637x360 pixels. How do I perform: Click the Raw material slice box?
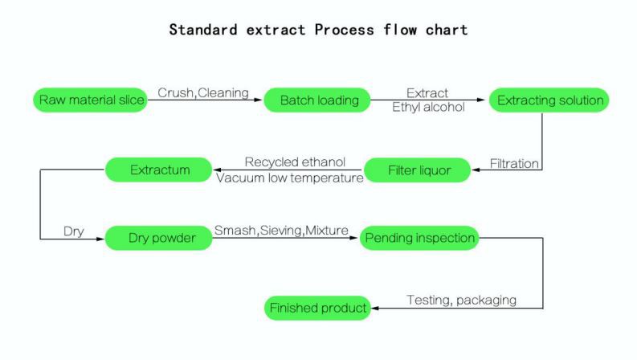(89, 100)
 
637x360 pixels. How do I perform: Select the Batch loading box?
(317, 100)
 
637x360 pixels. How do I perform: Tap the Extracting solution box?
(549, 100)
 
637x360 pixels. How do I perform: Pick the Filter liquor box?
(417, 170)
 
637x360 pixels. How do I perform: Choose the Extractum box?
(158, 170)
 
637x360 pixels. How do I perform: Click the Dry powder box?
(158, 239)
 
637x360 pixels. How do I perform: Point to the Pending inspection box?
(419, 239)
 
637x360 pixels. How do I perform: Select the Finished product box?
(317, 308)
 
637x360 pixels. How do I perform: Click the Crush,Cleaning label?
(202, 92)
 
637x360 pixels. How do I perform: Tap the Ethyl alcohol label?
(427, 108)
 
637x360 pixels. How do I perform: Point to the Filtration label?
(514, 163)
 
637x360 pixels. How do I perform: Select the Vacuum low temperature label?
(290, 178)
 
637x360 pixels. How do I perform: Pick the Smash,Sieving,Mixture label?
(281, 231)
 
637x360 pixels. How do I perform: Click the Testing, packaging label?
(461, 300)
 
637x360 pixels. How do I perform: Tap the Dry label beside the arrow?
(74, 231)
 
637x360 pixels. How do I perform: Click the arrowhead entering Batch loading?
(259, 100)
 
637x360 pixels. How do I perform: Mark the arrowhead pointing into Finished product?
(374, 308)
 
